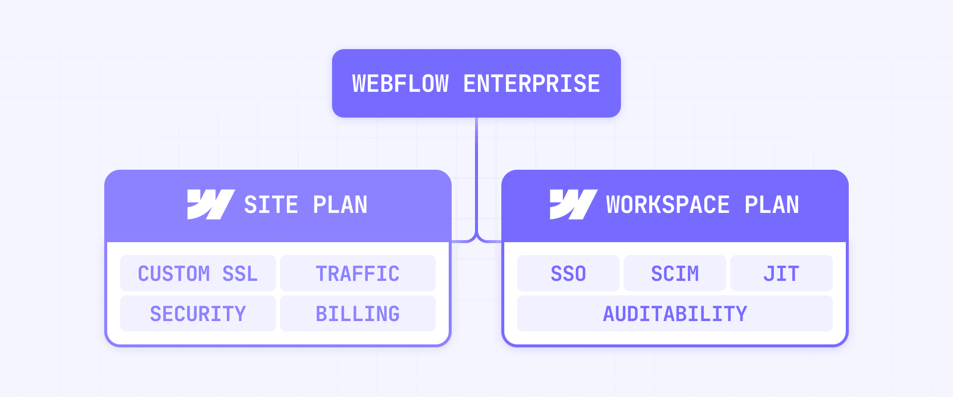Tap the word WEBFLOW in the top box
pos(400,83)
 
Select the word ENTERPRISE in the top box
pos(532,83)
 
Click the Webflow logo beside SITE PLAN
pos(210,204)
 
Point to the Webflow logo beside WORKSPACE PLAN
pos(573,204)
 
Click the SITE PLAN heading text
pos(306,205)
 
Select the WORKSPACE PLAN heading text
pos(702,205)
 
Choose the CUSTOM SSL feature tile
pos(198,273)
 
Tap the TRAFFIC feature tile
pos(357,273)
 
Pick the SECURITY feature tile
pos(198,314)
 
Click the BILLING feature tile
pos(357,314)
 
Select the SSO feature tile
pos(568,273)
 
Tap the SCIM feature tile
pos(675,273)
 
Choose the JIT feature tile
pos(781,273)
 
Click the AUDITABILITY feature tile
pos(675,314)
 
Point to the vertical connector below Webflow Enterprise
pos(476,174)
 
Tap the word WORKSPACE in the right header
pos(668,205)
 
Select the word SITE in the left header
pos(271,205)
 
